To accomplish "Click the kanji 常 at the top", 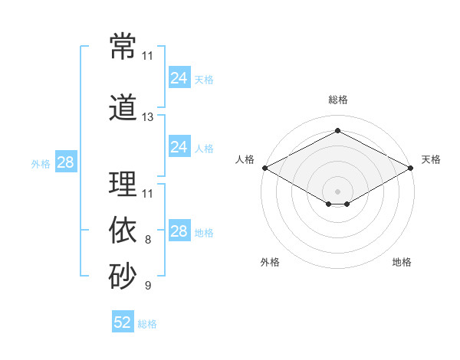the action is pos(123,46).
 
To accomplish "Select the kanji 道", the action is pos(123,107).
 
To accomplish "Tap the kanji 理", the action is pos(123,184).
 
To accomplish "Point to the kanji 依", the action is pos(123,230).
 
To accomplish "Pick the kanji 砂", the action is pos(123,276).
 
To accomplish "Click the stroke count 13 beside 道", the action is pos(147,117).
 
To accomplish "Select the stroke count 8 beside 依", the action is pos(148,240).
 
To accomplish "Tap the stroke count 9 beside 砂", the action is pos(148,285).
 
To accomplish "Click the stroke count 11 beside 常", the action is pos(147,56).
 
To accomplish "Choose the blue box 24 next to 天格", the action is pos(179,77).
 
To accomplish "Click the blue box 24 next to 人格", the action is pos(179,146).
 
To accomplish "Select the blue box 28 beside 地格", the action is pos(179,230).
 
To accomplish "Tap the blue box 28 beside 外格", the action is pos(66,162).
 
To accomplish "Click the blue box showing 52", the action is pos(123,321).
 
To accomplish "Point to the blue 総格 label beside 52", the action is pos(147,324).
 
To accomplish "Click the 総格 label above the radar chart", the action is pos(338,100).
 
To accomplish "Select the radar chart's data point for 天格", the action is pos(411,168).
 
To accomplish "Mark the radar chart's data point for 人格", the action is pos(265,168).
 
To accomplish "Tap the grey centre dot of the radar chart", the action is pos(337,191).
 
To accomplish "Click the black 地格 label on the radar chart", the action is pos(402,262).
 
